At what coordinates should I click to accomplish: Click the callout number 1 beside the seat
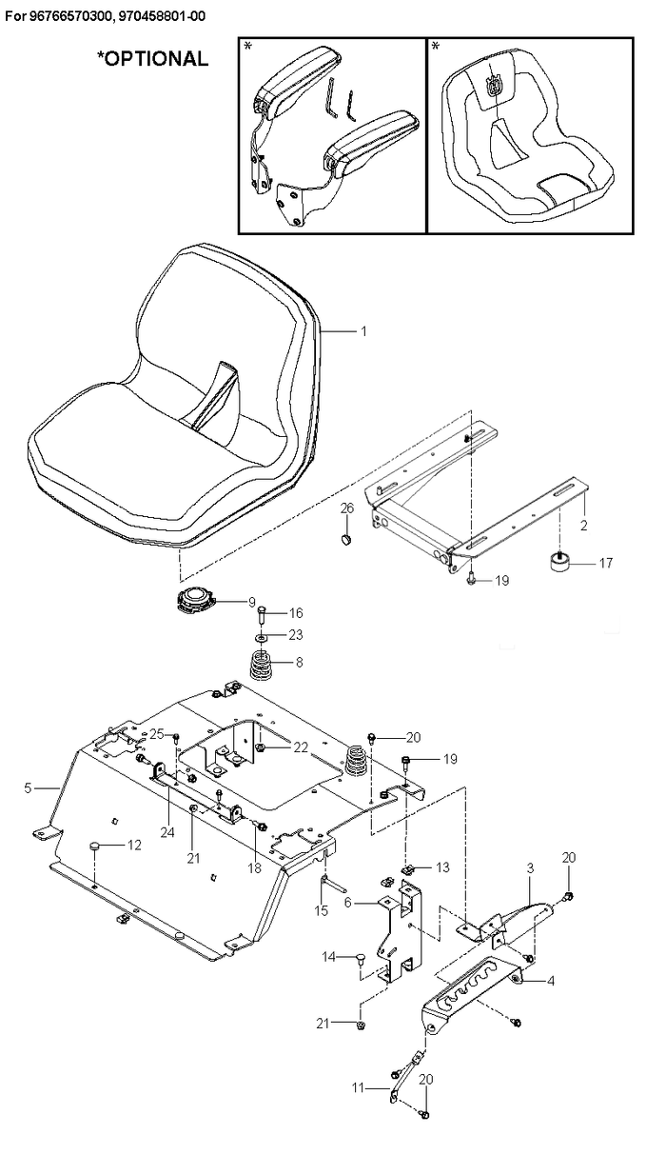click(x=364, y=331)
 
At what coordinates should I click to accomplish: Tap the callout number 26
click(x=347, y=508)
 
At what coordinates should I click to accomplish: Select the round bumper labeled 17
click(x=558, y=562)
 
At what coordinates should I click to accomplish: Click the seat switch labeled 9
click(x=195, y=601)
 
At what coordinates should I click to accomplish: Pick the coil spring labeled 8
click(x=264, y=666)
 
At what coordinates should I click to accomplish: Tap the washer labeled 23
click(x=263, y=638)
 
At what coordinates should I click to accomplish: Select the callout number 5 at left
click(x=28, y=787)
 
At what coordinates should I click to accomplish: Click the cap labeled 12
click(x=94, y=846)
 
